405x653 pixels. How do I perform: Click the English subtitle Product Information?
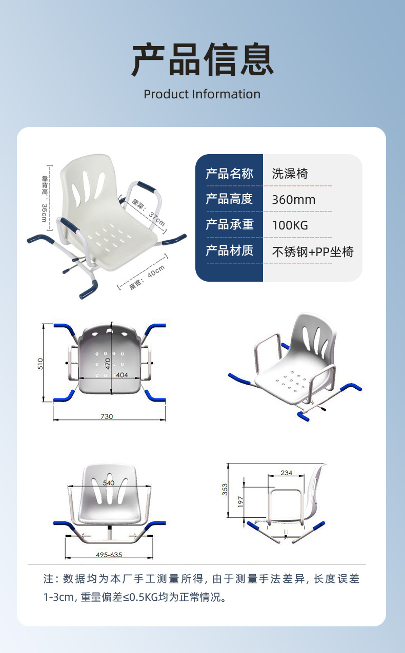click(202, 94)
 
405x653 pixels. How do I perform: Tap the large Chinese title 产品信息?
click(202, 59)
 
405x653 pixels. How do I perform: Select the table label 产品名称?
click(229, 174)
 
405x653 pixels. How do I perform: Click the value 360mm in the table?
click(294, 200)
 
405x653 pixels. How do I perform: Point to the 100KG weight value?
click(290, 225)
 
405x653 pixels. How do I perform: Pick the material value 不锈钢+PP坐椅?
click(313, 252)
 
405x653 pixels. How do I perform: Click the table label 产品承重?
click(229, 224)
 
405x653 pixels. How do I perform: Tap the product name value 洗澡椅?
click(290, 174)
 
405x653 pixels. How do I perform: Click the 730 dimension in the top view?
click(107, 416)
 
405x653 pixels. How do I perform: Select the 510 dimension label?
click(40, 364)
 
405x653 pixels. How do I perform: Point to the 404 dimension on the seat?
click(122, 375)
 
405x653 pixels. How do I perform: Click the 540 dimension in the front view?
click(109, 483)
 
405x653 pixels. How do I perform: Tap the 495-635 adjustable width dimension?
click(109, 555)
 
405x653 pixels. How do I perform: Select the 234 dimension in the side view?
click(286, 473)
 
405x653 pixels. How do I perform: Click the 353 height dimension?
click(225, 490)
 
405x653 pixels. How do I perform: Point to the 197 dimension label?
click(240, 501)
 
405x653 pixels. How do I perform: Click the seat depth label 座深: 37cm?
click(148, 213)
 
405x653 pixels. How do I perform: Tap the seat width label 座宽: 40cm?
click(147, 277)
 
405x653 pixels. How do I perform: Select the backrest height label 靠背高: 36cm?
click(45, 198)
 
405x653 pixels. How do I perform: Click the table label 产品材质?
click(229, 250)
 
